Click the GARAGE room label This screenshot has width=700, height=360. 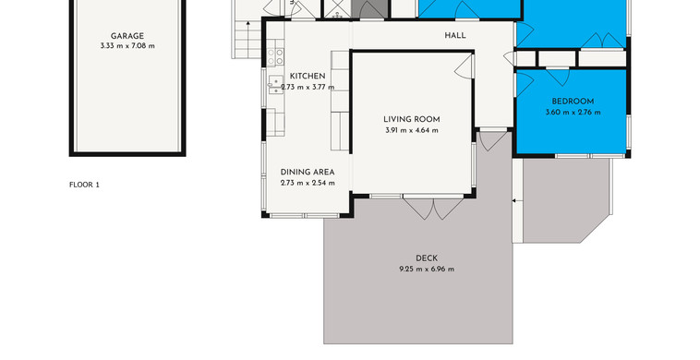pos(127,36)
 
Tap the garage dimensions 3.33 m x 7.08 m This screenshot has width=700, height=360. pos(127,46)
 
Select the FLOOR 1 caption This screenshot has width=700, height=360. pos(84,185)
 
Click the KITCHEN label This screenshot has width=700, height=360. pos(308,77)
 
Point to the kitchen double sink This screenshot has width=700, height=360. pos(275,85)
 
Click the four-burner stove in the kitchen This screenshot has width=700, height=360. pos(275,57)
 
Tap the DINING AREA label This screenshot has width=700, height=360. pos(308,173)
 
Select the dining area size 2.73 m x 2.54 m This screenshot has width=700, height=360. pos(308,183)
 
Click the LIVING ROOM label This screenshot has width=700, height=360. pos(412,120)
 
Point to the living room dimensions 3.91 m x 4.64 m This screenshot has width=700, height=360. pos(412,131)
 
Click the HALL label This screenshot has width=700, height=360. pos(455,36)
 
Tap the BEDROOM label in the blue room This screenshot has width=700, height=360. pos(573,102)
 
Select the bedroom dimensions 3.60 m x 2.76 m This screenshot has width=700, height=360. pos(573,113)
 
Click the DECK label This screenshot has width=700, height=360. pos(427,258)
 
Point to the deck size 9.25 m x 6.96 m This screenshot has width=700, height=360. pos(427,269)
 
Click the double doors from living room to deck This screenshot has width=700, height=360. pos(433,208)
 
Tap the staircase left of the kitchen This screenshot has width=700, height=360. pos(246,40)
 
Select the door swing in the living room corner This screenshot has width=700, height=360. pos(465,66)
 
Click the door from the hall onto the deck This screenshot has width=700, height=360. pos(493,139)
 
